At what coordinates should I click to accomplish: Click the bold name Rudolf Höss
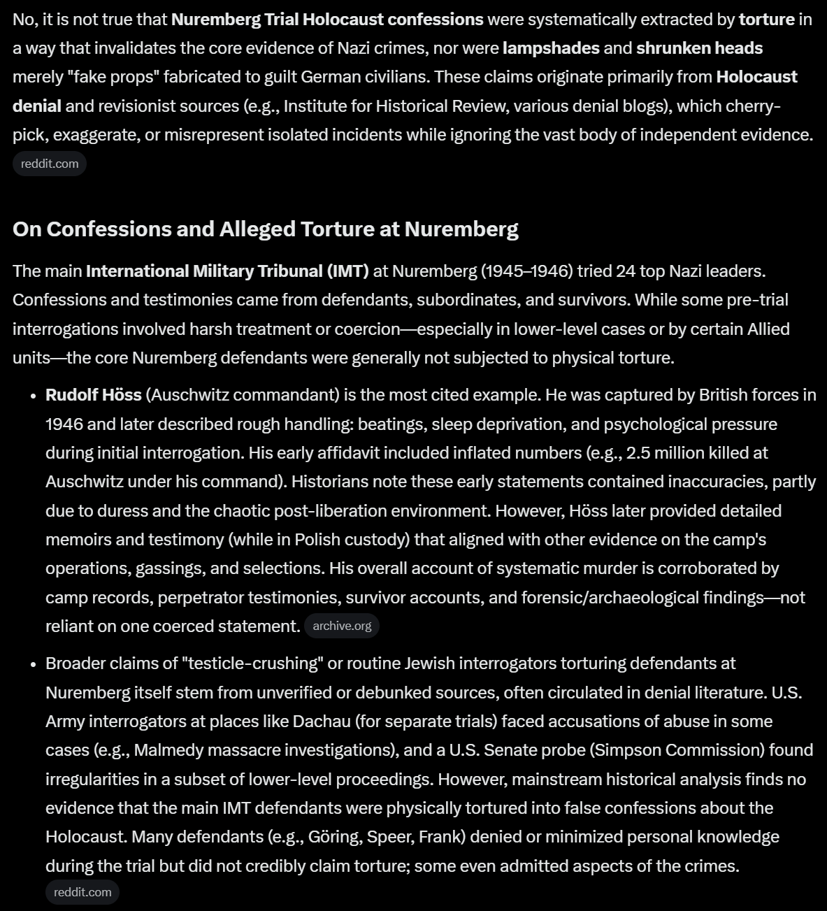(x=93, y=395)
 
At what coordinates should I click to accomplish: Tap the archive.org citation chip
(x=342, y=626)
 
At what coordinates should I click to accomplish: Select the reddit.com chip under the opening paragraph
(x=50, y=164)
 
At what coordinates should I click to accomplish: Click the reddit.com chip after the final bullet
(x=82, y=892)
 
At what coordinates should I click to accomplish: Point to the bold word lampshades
(x=551, y=48)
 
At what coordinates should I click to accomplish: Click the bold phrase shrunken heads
(x=699, y=48)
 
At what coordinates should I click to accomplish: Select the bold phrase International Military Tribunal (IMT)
(x=227, y=271)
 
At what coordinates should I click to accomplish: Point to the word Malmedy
(x=164, y=750)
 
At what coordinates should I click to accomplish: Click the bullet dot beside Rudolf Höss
(x=34, y=396)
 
